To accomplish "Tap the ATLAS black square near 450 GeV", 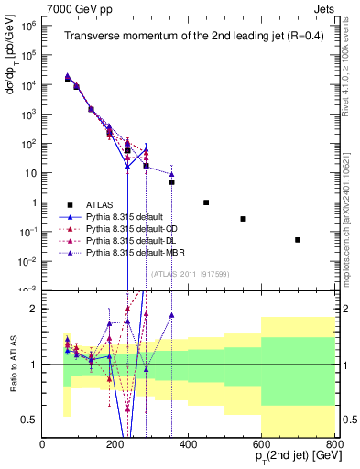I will click(x=206, y=202).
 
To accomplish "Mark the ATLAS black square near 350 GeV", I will click(x=171, y=182).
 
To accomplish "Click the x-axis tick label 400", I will click(x=188, y=444).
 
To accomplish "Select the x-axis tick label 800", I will click(x=333, y=444).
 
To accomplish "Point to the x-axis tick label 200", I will click(x=115, y=444).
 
